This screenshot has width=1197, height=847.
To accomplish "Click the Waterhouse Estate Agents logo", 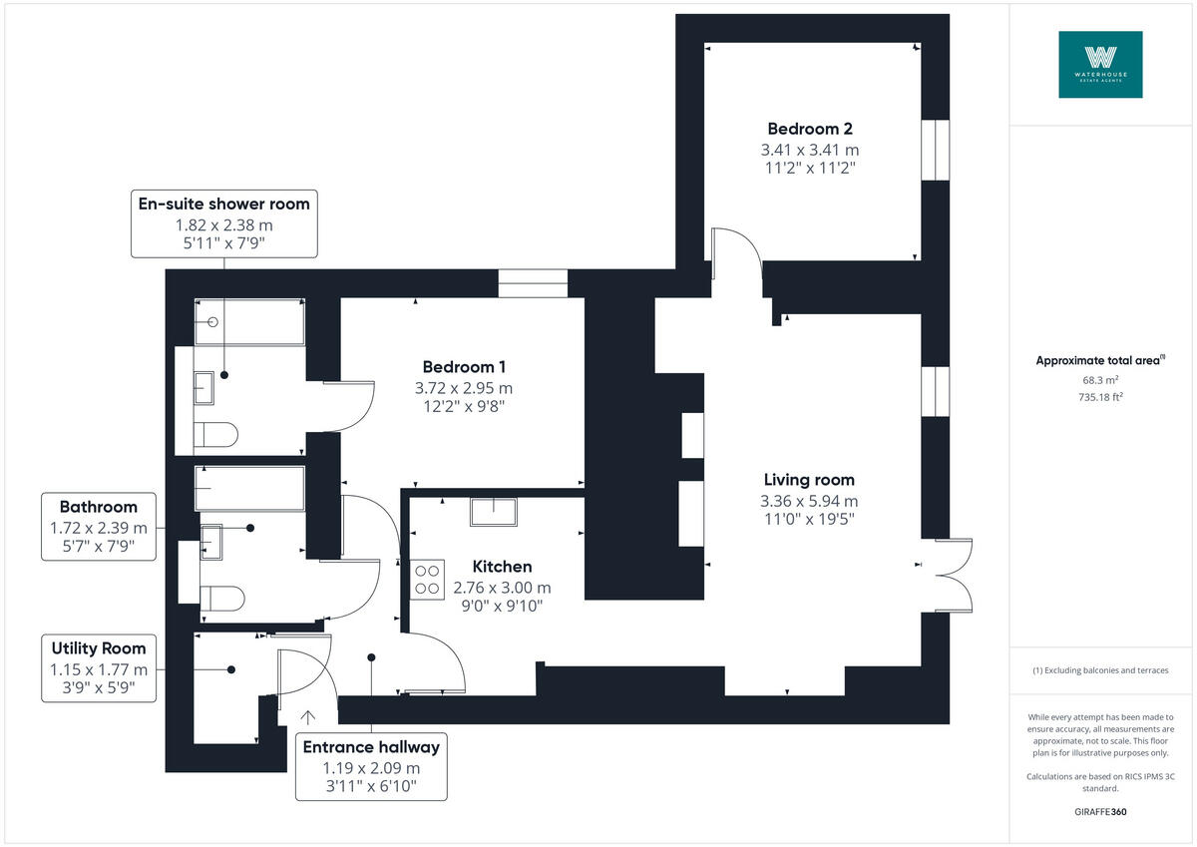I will point(1100,64).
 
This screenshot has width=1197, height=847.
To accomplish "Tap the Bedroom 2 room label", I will point(809,129).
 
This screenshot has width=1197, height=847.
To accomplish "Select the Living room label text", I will point(809,480).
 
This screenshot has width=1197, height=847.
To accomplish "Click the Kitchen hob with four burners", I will point(428,580).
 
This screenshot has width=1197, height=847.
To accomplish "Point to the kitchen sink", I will point(495,511).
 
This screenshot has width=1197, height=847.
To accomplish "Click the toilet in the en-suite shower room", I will point(216,434).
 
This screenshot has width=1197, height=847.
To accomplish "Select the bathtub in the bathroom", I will point(249,489).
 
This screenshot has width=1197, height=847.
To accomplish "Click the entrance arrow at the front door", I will point(308,716).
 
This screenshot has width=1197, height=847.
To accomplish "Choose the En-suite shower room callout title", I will point(222,204).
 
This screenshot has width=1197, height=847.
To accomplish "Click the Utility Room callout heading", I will point(99,647).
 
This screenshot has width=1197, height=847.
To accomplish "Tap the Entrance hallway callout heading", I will point(371,747).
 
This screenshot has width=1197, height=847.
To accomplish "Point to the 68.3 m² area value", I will point(1100,380).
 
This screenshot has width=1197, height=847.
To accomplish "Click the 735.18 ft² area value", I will point(1100,396).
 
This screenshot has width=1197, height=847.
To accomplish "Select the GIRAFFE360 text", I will point(1100,812).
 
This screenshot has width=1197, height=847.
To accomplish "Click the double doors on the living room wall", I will point(954,575).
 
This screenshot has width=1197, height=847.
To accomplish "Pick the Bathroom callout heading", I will point(99,507).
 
